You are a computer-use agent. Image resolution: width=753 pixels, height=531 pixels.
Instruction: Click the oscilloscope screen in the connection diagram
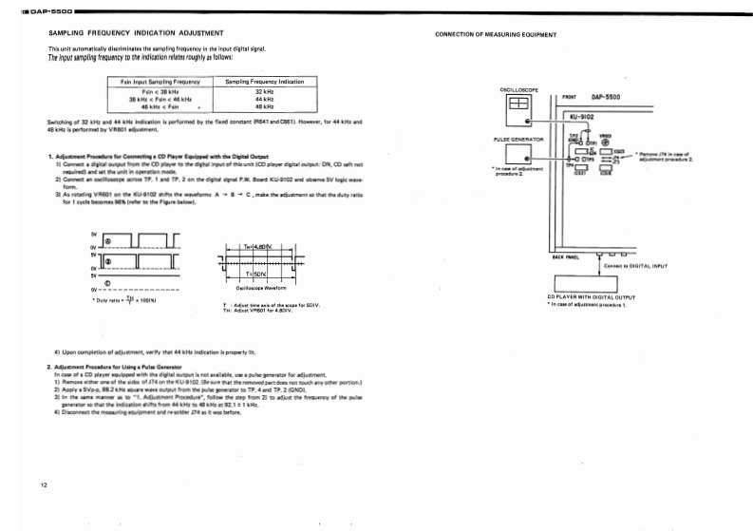click(x=518, y=104)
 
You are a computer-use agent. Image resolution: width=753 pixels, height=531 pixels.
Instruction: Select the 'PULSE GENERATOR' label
click(x=518, y=139)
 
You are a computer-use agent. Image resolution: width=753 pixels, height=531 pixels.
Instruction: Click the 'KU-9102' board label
click(x=582, y=116)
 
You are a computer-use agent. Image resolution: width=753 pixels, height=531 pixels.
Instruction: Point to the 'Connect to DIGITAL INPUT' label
click(x=635, y=266)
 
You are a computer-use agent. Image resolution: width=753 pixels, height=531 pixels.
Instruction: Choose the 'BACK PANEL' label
click(x=566, y=256)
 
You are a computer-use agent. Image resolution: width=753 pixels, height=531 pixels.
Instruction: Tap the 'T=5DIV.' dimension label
click(x=256, y=274)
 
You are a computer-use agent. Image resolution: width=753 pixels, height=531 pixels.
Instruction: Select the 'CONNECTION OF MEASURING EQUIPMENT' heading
click(x=495, y=34)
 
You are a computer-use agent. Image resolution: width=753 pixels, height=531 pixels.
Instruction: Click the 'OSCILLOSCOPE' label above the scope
click(x=518, y=89)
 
